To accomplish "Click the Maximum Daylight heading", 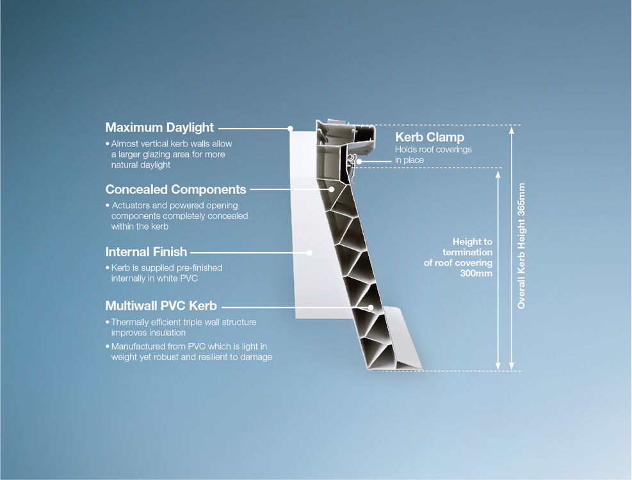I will point(159,127).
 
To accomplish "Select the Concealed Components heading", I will point(175,189).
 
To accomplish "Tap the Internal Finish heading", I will point(146,252).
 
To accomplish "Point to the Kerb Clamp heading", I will point(429,137).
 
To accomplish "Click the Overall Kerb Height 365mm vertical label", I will point(521,246).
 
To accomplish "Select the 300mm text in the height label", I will point(476,273).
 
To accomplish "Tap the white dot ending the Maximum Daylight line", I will point(290,128).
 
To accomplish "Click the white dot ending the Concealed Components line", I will point(332,189).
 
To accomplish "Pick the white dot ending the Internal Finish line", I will point(309,252).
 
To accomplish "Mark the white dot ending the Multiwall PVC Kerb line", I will point(370,307).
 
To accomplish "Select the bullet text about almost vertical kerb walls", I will point(168,154).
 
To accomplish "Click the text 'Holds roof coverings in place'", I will point(433,154).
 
